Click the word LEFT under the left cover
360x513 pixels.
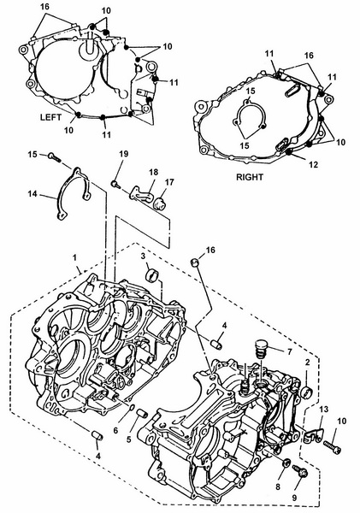(x=50, y=117)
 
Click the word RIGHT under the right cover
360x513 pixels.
(x=250, y=177)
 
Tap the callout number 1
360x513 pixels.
(x=74, y=257)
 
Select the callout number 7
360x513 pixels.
(x=289, y=351)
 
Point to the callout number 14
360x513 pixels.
(x=32, y=194)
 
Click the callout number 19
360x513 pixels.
(x=124, y=154)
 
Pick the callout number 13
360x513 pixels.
(x=324, y=409)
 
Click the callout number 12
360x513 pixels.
(x=313, y=164)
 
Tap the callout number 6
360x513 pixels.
(x=115, y=431)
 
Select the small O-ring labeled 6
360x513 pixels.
(x=131, y=407)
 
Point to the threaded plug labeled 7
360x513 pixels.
(x=261, y=350)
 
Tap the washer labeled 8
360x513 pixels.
(x=286, y=463)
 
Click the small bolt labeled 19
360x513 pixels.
(x=115, y=185)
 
